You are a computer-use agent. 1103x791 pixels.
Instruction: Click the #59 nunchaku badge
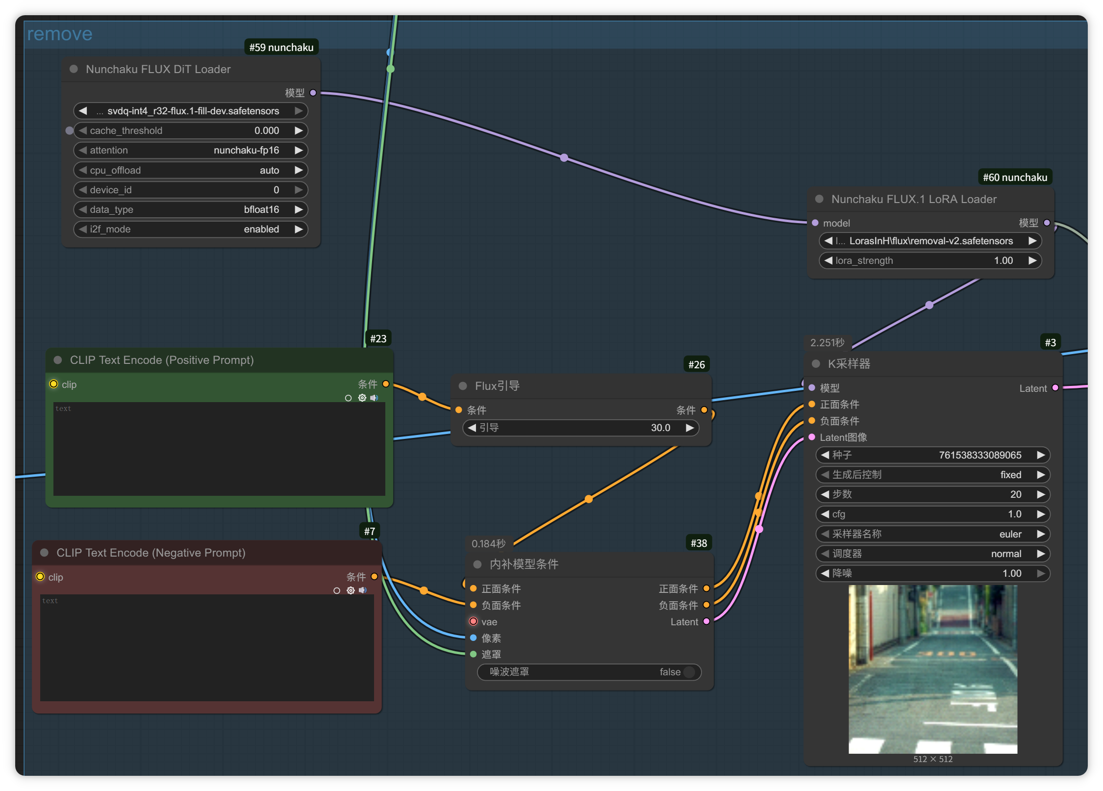pos(281,47)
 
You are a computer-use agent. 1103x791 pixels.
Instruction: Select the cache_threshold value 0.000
pos(267,130)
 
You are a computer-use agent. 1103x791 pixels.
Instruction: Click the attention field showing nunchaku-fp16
pos(191,150)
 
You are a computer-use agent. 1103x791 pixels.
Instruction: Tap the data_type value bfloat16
pos(261,209)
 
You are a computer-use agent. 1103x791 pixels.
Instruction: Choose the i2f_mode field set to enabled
pos(191,229)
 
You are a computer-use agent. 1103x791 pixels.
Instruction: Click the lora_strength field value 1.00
pos(1003,260)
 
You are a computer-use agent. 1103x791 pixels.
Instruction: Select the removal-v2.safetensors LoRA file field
pos(930,241)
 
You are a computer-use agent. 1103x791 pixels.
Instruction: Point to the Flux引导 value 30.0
pos(660,428)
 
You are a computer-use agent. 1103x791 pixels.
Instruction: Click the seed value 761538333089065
pos(980,455)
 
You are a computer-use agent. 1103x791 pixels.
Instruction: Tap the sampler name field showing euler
pos(932,534)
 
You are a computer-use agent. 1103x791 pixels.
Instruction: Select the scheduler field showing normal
pos(932,554)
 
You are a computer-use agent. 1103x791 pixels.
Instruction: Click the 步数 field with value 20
pos(932,494)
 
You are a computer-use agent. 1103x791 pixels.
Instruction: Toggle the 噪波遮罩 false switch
pos(689,672)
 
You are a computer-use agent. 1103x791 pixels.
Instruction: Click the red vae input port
pos(473,621)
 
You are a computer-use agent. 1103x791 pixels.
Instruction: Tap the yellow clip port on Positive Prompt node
pos(53,384)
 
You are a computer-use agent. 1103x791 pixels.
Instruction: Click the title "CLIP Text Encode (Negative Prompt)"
pos(151,553)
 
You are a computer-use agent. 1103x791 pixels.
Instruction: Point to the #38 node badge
pos(699,543)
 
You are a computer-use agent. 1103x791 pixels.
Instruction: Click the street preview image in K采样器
pos(933,669)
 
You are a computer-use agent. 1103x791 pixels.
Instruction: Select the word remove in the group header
pos(60,34)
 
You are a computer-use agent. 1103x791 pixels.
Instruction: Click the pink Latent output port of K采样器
pos(1055,388)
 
